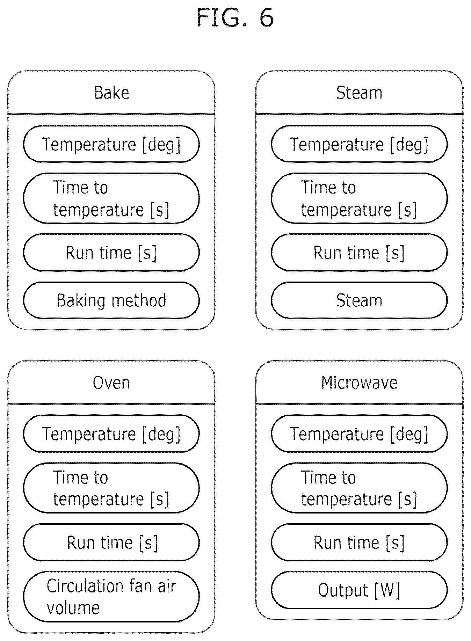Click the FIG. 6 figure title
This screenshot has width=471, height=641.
coord(235,17)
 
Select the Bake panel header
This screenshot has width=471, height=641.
coord(111,93)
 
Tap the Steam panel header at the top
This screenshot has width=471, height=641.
coord(359,93)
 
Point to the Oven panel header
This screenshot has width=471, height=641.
coord(111,383)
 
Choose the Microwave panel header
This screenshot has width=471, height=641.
coord(359,383)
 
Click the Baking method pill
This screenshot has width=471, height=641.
coord(111,300)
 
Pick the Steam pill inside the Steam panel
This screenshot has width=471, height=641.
coord(359,300)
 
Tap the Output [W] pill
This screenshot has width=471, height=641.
coord(359,590)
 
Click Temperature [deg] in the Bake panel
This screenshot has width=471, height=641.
coord(111,144)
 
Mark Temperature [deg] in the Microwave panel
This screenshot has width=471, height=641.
coord(359,434)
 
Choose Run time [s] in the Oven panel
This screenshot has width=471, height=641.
coord(111,542)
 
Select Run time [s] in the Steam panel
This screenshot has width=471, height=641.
coord(359,252)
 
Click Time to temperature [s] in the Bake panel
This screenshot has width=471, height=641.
coord(111,198)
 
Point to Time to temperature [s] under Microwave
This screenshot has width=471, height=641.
coord(359,488)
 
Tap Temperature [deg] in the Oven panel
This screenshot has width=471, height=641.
coord(111,434)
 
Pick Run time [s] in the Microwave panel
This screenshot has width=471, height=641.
coord(359,542)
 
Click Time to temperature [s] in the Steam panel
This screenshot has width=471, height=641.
coord(359,198)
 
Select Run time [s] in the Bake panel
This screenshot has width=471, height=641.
coord(111,252)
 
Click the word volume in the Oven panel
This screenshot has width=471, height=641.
coord(73,608)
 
